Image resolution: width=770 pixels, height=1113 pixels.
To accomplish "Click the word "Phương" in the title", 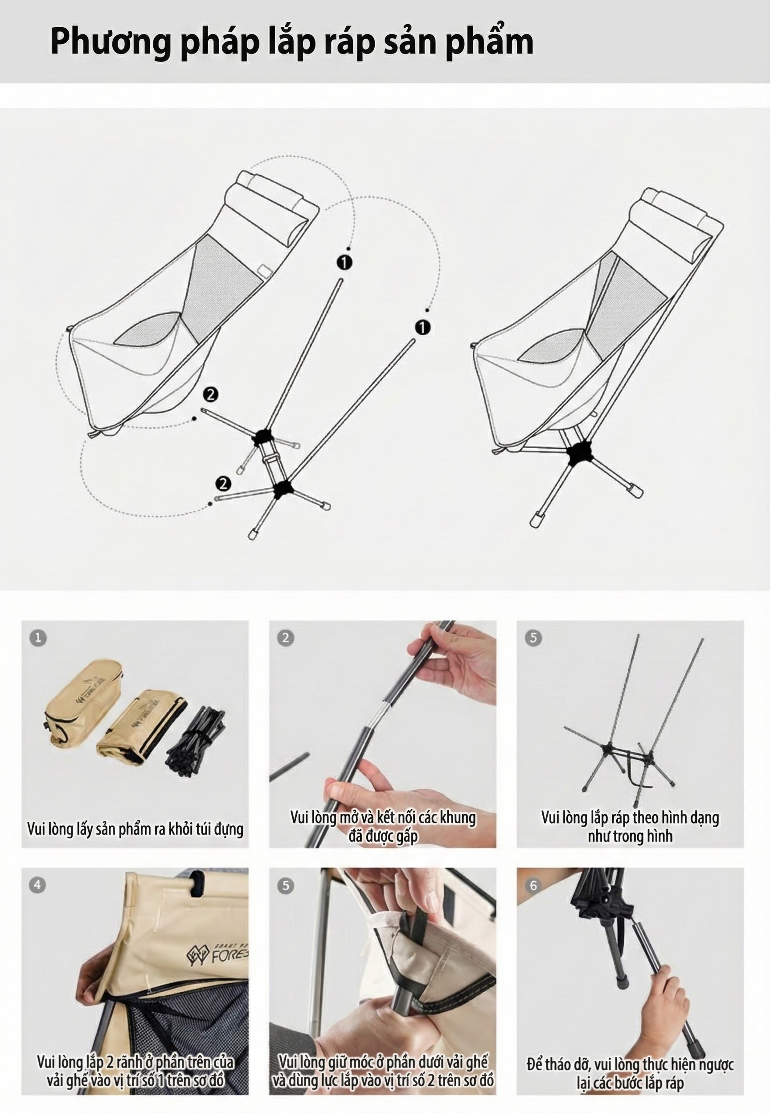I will [110, 42].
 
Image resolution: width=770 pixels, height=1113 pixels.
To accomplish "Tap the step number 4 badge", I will [37, 885].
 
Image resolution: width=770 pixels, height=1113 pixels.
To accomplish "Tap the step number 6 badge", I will [533, 885].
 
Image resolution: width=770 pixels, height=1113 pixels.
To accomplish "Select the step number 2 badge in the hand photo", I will [286, 638].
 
